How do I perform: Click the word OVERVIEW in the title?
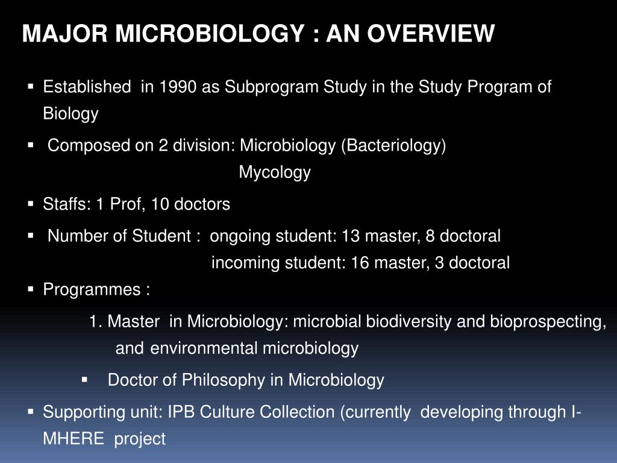coord(431,34)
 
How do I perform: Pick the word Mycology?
coord(275,173)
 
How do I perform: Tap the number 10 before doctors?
coord(160,204)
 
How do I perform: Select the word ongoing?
coord(240,236)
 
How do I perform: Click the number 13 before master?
coord(350,236)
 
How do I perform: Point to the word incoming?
coord(246,263)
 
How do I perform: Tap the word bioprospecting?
coord(547,322)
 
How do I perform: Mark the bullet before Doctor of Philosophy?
coord(84,380)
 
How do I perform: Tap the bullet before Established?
coord(31,87)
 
